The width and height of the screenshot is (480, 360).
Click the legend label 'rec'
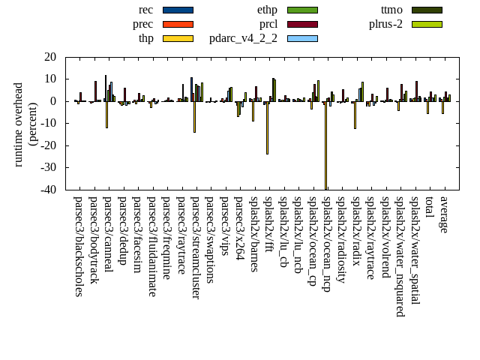tap(145, 10)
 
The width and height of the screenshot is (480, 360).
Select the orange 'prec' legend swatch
tap(178, 24)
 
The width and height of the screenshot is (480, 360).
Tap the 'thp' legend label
tap(145, 38)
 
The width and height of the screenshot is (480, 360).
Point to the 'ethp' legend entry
tap(267, 10)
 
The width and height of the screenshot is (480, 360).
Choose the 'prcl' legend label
tap(268, 24)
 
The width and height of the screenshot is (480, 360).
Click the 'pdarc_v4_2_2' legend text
tap(243, 38)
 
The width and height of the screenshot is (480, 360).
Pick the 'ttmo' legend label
tap(391, 10)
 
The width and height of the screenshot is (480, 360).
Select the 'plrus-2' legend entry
tap(385, 24)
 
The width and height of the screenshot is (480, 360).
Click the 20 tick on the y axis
tap(50, 57)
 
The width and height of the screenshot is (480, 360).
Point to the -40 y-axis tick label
tap(48, 190)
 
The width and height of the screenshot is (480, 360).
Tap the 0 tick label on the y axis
tap(53, 101)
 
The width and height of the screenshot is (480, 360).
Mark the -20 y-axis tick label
tap(48, 146)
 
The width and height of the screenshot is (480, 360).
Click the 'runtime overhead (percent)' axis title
tap(25, 124)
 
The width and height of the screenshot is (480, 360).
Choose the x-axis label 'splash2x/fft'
tap(268, 228)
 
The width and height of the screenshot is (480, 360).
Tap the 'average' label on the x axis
tap(443, 214)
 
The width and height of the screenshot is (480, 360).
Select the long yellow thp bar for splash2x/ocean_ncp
tap(325, 146)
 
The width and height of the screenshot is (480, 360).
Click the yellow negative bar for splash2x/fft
tap(267, 127)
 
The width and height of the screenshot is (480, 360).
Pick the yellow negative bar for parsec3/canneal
tap(106, 115)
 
